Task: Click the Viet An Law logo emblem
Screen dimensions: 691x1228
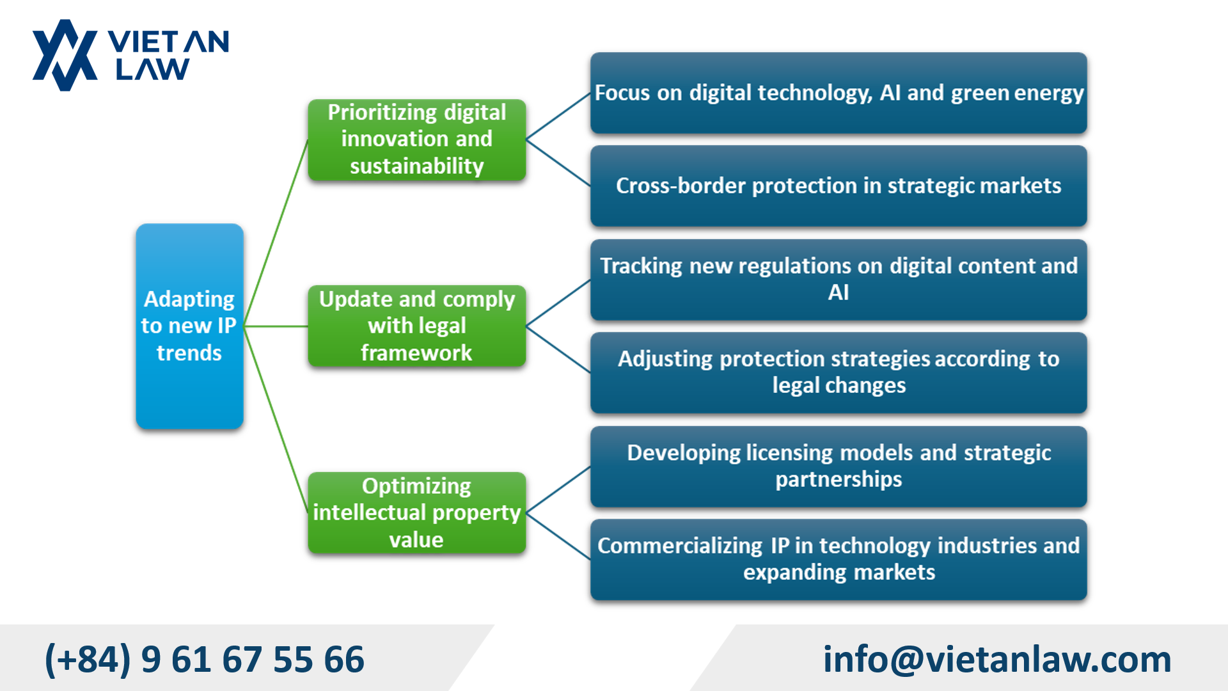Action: point(65,56)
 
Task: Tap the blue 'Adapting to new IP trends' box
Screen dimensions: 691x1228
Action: point(189,326)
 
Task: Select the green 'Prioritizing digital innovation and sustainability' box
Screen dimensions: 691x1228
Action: point(416,139)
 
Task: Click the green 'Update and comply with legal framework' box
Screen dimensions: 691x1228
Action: point(416,326)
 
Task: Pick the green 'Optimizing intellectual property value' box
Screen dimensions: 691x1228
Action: point(416,512)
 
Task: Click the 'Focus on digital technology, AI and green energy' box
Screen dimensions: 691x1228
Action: point(838,93)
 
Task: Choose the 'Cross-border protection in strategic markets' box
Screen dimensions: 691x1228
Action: point(838,186)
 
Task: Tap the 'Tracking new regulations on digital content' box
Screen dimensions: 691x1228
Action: point(838,279)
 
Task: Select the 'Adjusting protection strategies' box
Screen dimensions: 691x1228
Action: point(838,372)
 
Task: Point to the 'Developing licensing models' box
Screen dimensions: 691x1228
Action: point(838,466)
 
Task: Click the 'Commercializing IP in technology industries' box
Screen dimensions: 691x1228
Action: point(838,559)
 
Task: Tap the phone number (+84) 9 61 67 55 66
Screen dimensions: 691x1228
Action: point(205,659)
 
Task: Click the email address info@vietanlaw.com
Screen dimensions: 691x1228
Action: point(996,659)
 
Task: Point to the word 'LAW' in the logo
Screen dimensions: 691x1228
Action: point(152,69)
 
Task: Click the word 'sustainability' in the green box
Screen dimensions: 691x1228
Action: point(416,166)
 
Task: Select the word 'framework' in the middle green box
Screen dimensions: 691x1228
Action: point(416,353)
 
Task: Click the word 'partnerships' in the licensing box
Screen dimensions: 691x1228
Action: point(838,479)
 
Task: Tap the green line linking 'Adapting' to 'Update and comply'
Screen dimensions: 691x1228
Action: point(276,326)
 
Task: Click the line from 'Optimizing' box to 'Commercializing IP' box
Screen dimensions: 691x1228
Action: point(558,536)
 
